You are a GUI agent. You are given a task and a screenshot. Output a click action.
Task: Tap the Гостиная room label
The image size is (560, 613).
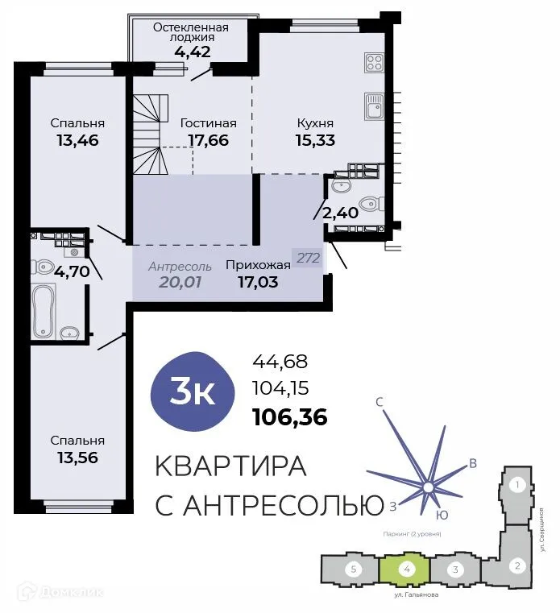pos(208,123)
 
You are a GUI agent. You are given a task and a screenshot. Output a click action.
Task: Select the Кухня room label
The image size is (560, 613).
pos(315,123)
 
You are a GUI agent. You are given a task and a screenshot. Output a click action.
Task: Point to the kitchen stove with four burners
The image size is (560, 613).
pos(374,62)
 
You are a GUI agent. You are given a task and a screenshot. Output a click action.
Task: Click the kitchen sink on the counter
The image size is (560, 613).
pos(374,106)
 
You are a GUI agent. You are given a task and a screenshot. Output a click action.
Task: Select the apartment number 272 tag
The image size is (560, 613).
pos(309,259)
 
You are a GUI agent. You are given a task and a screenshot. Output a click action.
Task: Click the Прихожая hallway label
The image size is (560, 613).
pos(258,265)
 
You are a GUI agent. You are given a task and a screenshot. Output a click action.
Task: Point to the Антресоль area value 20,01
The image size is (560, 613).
pos(180,282)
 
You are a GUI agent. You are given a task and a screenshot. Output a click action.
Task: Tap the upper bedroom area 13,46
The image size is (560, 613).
pos(77,140)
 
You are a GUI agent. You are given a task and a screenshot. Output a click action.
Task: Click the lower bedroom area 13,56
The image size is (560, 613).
pos(77,458)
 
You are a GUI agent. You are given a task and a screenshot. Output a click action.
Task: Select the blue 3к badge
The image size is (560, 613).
pos(193,392)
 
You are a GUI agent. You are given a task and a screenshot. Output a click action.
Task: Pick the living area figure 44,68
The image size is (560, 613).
pos(280,362)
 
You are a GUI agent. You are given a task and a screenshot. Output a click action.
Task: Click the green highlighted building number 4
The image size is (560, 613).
pos(407,569)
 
